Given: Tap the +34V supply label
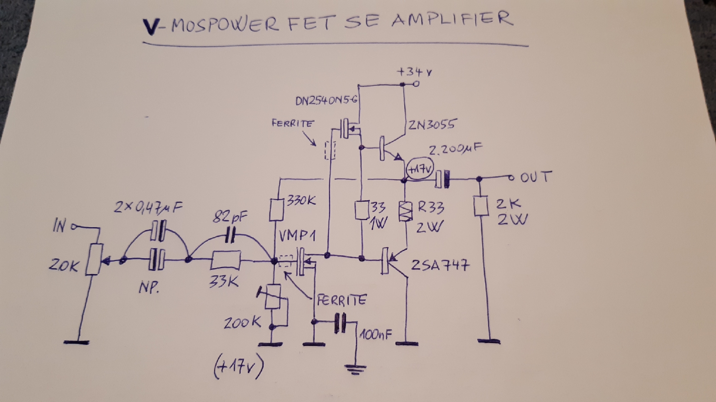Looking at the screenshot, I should click(414, 72).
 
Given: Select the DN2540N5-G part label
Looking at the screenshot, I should click(326, 100).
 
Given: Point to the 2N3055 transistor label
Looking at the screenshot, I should click(431, 125).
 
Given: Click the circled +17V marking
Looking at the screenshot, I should click(420, 169).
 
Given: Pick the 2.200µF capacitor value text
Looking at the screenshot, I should click(455, 150).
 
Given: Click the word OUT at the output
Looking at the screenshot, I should click(535, 177).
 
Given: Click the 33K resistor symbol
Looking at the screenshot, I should click(225, 261).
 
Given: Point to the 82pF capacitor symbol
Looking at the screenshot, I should click(230, 236).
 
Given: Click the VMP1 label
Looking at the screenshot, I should click(297, 236).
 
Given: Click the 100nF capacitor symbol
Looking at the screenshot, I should click(340, 323).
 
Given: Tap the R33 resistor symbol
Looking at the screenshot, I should click(405, 211).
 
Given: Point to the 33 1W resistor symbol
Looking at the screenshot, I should click(362, 210).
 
